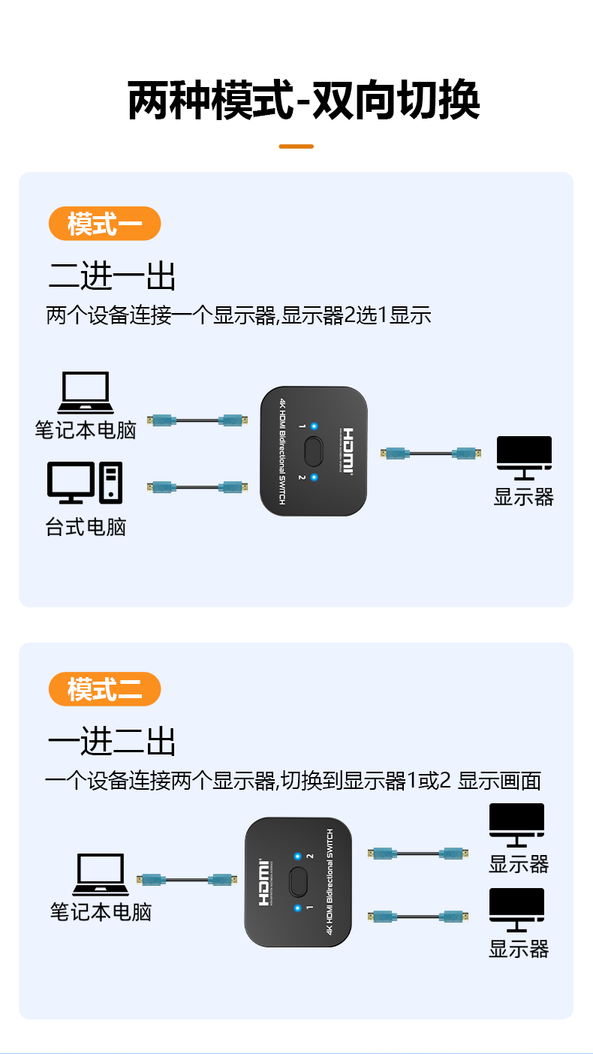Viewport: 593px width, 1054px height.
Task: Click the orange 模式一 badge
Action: [x=104, y=224]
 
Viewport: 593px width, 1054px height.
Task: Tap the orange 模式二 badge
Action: [x=104, y=689]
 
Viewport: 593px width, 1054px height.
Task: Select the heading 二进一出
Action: [x=112, y=276]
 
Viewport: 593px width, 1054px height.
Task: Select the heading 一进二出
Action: [x=112, y=742]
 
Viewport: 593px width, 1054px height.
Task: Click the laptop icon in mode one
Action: [x=86, y=393]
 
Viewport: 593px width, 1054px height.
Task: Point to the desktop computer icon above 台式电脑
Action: [x=85, y=482]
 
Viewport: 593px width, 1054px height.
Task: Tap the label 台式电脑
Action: [x=86, y=527]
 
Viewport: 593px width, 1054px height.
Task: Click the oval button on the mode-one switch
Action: [x=313, y=452]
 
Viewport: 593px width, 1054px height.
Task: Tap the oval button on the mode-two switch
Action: [x=298, y=883]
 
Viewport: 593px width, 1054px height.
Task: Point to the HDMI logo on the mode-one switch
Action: [x=348, y=452]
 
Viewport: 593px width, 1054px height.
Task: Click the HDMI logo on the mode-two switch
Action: [x=264, y=883]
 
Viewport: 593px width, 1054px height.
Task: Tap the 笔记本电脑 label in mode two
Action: [x=101, y=913]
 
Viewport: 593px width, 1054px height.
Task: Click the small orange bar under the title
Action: [x=296, y=146]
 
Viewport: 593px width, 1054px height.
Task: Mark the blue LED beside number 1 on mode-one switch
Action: [x=314, y=426]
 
